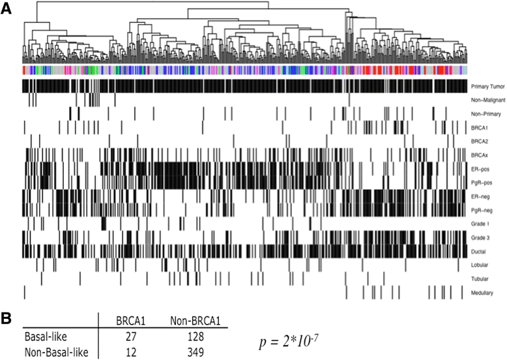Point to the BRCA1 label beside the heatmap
(x=480, y=128)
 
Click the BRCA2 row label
(x=480, y=142)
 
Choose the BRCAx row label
(x=480, y=155)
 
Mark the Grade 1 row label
(x=480, y=224)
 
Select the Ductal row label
(x=479, y=251)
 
